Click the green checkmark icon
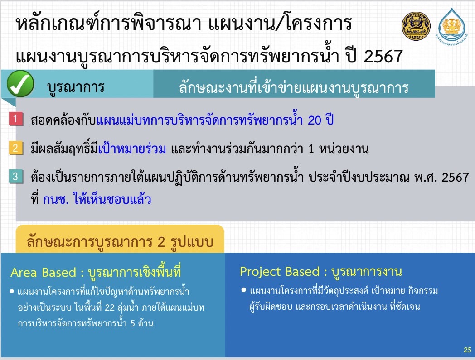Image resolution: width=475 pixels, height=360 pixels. click(20, 84)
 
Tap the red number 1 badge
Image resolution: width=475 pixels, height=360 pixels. click(16, 119)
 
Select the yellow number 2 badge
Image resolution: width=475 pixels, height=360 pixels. click(16, 148)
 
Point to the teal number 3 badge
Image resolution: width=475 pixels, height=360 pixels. click(16, 177)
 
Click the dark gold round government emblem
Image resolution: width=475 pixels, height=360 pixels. click(416, 26)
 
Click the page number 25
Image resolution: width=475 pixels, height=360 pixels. click(467, 350)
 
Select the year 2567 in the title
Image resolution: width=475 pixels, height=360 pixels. click(383, 56)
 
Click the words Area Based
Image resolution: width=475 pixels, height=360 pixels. click(44, 273)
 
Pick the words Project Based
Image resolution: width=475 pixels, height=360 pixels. click(280, 272)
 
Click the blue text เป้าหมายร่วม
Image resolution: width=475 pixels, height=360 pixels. click(132, 149)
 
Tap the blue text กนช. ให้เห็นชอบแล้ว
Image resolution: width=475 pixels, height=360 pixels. click(97, 200)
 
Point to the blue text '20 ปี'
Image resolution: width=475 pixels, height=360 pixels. click(321, 120)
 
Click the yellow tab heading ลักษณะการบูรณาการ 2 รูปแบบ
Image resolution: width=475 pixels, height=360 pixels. click(120, 242)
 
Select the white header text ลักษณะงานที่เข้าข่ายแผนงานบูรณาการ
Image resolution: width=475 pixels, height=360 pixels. click(294, 87)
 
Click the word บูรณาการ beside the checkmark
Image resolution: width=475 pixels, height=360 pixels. click(76, 87)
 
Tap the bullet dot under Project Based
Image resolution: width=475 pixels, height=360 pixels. click(243, 290)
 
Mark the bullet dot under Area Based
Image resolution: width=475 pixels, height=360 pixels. click(12, 291)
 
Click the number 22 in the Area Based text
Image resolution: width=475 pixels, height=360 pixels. click(110, 307)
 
